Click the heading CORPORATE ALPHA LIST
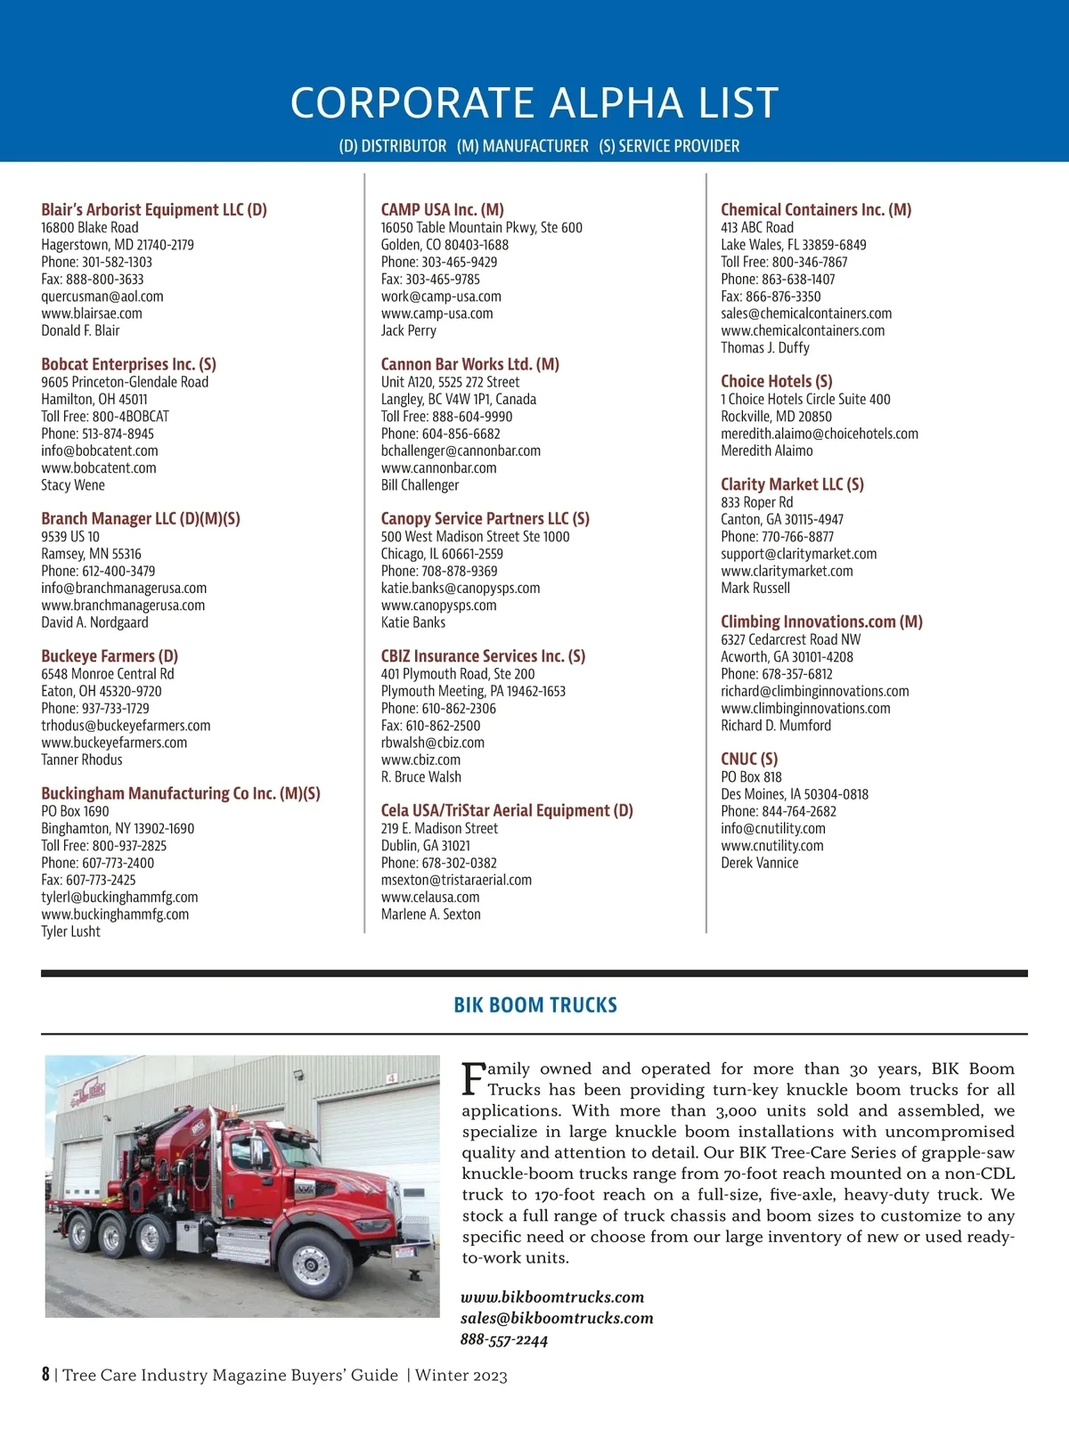click(534, 102)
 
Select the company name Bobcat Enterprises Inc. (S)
click(128, 364)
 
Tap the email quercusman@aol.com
click(102, 297)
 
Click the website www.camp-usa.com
click(437, 313)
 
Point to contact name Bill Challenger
click(420, 485)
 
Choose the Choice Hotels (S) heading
click(776, 381)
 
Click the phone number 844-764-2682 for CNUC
click(798, 811)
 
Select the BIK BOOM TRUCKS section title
click(534, 1005)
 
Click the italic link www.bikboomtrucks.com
click(552, 1297)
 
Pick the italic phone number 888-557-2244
click(504, 1340)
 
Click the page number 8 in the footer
click(45, 1374)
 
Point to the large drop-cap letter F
click(473, 1078)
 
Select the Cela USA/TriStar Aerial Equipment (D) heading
click(507, 810)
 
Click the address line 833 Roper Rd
click(756, 502)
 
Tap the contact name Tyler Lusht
click(70, 931)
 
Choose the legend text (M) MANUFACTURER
click(523, 146)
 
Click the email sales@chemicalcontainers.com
click(806, 313)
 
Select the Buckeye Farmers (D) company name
click(110, 656)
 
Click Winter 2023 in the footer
click(461, 1375)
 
